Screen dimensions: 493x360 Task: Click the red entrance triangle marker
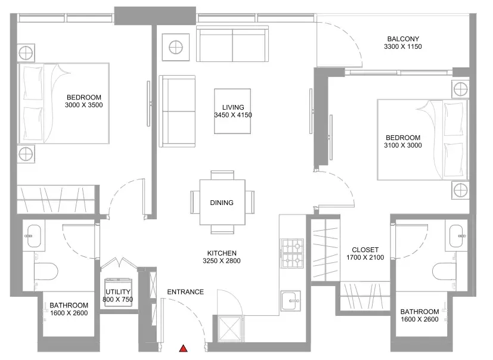183,348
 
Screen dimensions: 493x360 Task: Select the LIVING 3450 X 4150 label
233,111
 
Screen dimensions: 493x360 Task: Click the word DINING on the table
222,203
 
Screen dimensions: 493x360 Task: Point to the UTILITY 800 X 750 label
117,296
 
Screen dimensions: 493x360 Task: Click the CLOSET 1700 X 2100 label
365,254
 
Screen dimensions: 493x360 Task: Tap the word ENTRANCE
185,292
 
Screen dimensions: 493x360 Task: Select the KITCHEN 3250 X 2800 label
222,257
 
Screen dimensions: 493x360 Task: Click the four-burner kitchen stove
293,253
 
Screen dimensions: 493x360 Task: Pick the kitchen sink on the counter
291,300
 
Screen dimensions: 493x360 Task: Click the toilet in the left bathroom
46,271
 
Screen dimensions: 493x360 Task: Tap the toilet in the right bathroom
445,271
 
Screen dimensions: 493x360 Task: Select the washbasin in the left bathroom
34,236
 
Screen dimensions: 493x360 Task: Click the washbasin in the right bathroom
456,236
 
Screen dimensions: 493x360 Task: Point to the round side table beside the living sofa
176,48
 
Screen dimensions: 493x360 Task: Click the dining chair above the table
222,175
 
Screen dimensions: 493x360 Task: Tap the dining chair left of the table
195,202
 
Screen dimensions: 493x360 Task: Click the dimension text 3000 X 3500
84,105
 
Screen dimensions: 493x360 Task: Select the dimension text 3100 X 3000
403,145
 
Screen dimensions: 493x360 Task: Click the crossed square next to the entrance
231,328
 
